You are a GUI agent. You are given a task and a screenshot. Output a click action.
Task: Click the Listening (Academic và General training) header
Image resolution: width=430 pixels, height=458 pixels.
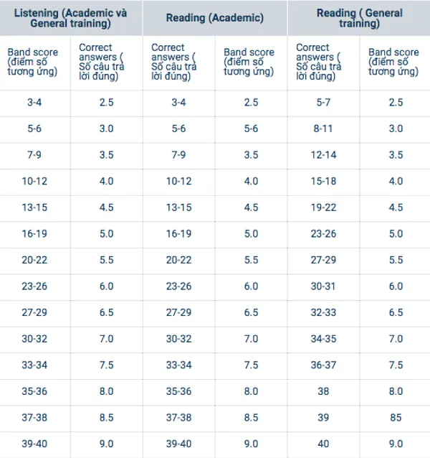click(x=70, y=17)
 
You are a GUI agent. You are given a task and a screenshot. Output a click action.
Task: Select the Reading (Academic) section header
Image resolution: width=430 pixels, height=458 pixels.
click(x=214, y=17)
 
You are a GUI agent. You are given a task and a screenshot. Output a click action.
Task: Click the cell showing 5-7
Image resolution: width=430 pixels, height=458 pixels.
click(x=323, y=103)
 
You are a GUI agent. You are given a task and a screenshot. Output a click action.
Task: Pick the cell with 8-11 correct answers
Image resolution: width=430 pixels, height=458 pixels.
click(x=323, y=129)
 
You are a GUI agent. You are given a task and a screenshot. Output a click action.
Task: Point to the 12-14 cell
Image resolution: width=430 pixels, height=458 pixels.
click(x=323, y=155)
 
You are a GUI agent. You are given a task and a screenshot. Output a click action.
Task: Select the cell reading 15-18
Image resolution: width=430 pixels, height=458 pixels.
click(x=323, y=182)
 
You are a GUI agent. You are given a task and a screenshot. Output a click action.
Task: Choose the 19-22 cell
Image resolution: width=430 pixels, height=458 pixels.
click(x=323, y=207)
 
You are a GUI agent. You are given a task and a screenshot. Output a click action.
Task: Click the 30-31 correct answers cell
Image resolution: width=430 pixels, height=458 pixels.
click(x=323, y=286)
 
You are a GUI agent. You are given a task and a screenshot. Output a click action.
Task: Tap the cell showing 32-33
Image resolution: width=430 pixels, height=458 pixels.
click(x=323, y=313)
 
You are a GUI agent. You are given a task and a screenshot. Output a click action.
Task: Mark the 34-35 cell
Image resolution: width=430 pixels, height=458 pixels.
click(x=323, y=339)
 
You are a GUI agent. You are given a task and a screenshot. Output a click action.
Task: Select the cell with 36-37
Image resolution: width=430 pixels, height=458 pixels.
click(x=323, y=365)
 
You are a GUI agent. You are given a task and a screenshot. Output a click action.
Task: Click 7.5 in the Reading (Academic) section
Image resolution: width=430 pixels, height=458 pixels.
click(x=251, y=365)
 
